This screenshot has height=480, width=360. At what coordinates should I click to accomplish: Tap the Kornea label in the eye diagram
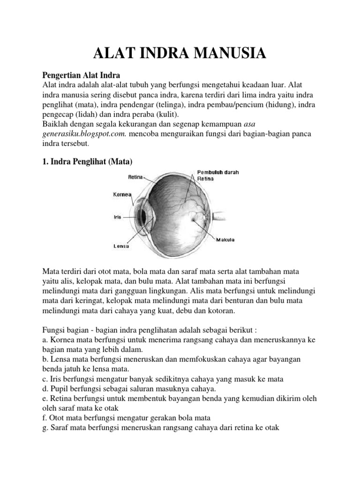tap(122, 194)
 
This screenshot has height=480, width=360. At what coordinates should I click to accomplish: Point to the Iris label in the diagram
tap(117, 217)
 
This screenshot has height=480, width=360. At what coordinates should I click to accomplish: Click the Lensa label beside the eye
tap(121, 245)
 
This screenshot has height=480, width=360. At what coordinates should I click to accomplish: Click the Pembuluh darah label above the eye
tap(218, 172)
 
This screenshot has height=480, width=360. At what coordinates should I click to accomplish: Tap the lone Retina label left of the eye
tap(135, 177)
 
